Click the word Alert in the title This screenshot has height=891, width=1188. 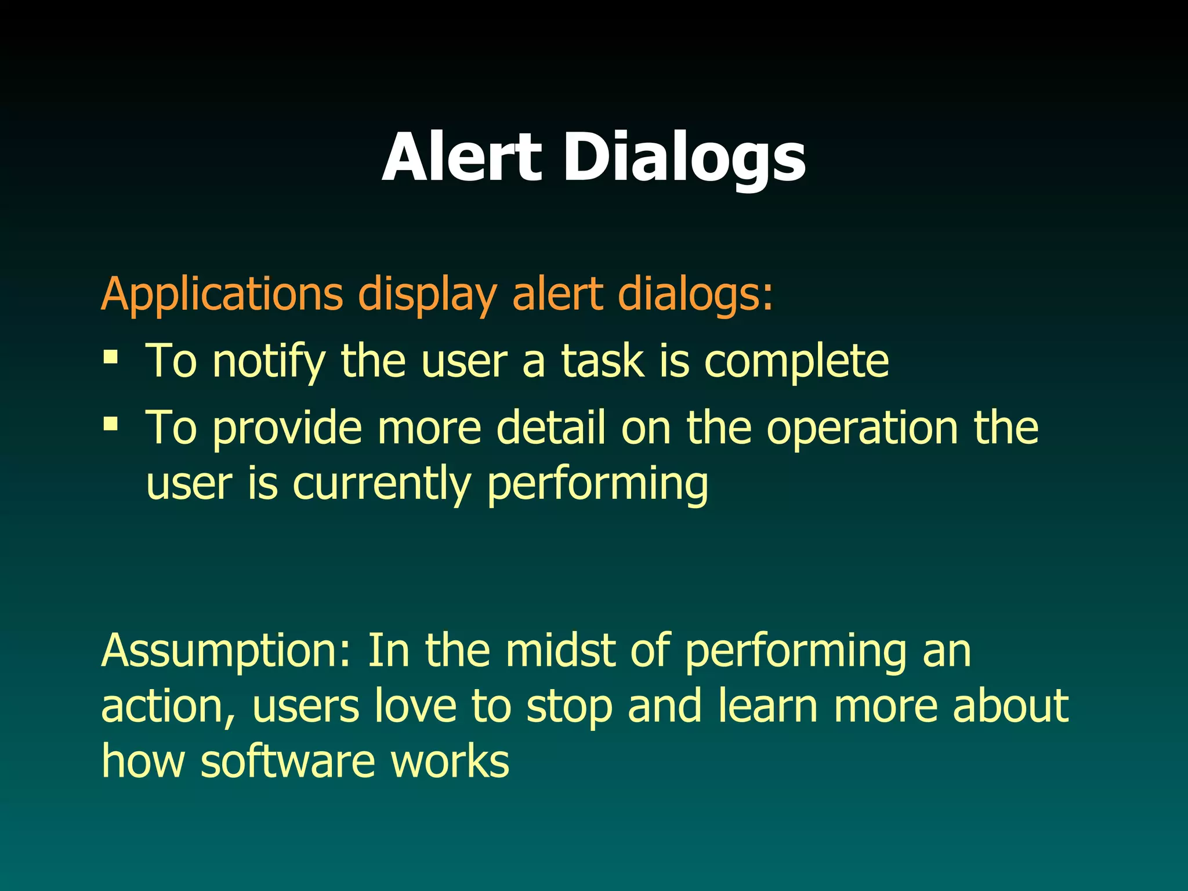point(462,157)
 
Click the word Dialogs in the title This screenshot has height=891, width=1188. point(684,157)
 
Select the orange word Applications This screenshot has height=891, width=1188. point(222,295)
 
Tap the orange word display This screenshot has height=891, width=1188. point(428,295)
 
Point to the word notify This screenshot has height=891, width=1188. point(269,361)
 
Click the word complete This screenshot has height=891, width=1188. point(796,361)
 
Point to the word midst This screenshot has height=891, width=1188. point(560,650)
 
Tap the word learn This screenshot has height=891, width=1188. point(767,706)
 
